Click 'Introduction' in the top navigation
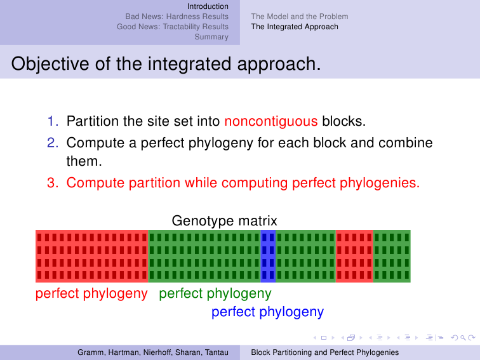tap(208, 6)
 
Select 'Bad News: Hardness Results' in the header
tap(177, 17)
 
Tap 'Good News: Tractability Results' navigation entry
tap(173, 27)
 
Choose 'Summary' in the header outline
tap(211, 37)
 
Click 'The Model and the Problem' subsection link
tap(300, 17)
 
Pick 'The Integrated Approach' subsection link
tap(295, 27)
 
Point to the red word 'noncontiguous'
tap(271, 121)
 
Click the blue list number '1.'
tap(53, 121)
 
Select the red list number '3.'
tap(53, 183)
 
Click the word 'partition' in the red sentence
tap(154, 183)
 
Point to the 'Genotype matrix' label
tap(224, 221)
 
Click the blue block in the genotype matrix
tap(268, 257)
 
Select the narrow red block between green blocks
tap(354, 257)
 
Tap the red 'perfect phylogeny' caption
tap(91, 293)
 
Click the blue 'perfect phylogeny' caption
tap(267, 312)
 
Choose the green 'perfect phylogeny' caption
tap(215, 293)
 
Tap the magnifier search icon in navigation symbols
tap(463, 338)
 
